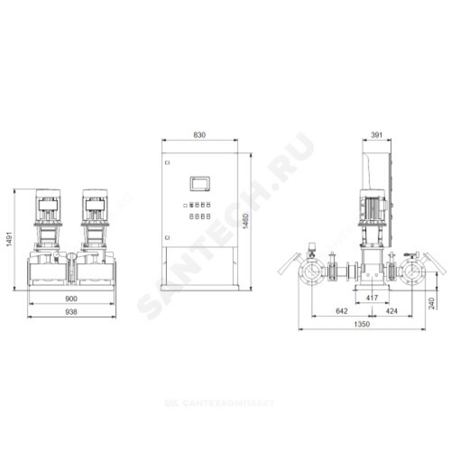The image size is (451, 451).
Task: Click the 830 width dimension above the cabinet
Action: (x=200, y=135)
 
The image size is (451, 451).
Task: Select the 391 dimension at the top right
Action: (x=377, y=135)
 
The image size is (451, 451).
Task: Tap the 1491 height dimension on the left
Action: (x=10, y=239)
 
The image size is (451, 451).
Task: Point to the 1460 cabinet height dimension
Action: (x=245, y=221)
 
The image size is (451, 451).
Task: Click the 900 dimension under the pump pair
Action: (x=71, y=299)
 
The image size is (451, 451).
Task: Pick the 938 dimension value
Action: (x=71, y=312)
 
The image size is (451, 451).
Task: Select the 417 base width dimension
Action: (x=372, y=298)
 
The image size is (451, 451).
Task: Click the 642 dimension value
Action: (x=342, y=311)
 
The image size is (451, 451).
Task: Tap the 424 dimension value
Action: (x=391, y=311)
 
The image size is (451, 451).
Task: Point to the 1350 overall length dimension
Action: (x=361, y=324)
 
